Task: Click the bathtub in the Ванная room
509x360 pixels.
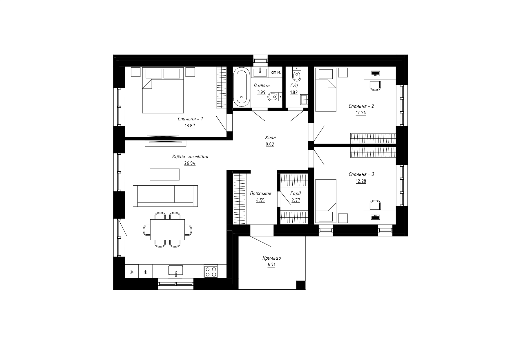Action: point(242,87)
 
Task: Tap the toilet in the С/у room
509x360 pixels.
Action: point(296,74)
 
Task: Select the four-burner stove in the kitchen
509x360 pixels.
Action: point(211,272)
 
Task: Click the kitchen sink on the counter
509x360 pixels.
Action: point(176,270)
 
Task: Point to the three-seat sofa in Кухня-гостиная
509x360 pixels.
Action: point(165,196)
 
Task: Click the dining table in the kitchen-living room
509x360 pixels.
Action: point(167,229)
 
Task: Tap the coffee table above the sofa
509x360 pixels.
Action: point(164,174)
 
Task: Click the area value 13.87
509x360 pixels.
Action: point(190,126)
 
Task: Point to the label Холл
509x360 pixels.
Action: point(270,138)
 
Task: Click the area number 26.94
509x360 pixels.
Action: point(190,163)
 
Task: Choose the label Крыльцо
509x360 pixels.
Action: point(271,258)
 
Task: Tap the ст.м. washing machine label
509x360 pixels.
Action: point(276,73)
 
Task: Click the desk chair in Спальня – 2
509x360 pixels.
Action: point(375,86)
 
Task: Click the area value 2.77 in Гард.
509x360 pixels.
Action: point(296,200)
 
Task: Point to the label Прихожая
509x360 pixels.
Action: point(260,193)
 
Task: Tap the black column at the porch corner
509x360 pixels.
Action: point(301,285)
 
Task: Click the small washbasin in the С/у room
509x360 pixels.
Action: point(304,99)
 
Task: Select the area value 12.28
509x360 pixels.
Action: point(361,181)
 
